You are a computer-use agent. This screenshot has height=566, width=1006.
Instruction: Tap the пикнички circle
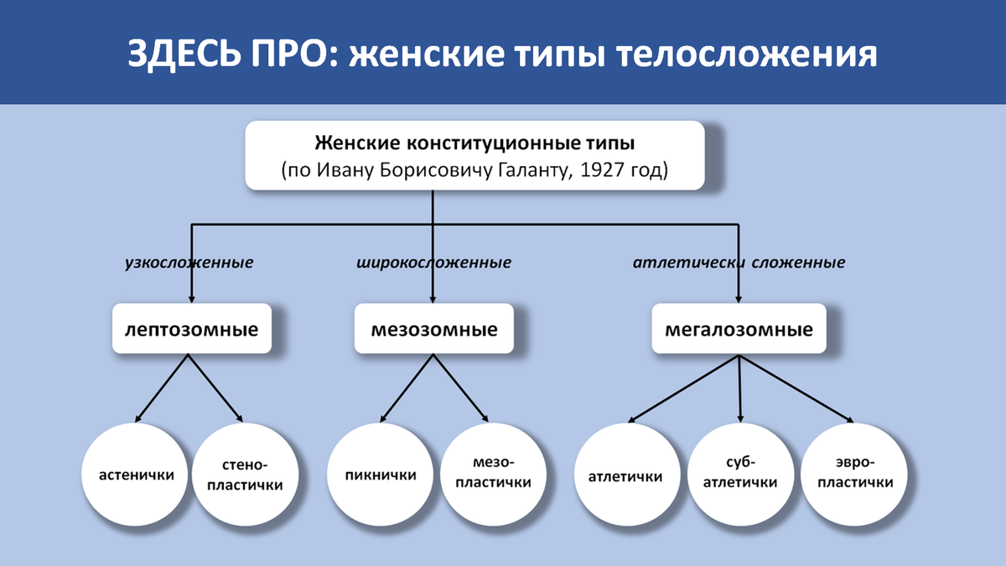(x=380, y=475)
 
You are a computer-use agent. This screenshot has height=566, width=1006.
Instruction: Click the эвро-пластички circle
(x=855, y=475)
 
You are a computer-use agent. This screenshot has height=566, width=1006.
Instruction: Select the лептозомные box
(x=191, y=329)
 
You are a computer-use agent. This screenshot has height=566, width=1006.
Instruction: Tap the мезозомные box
(x=433, y=329)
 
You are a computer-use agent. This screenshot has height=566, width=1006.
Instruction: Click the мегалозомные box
(x=739, y=329)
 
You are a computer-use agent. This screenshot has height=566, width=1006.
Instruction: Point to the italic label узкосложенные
(x=189, y=262)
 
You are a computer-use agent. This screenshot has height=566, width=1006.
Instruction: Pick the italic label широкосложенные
(x=433, y=262)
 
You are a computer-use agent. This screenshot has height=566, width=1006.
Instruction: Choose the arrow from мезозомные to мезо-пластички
(x=460, y=387)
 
